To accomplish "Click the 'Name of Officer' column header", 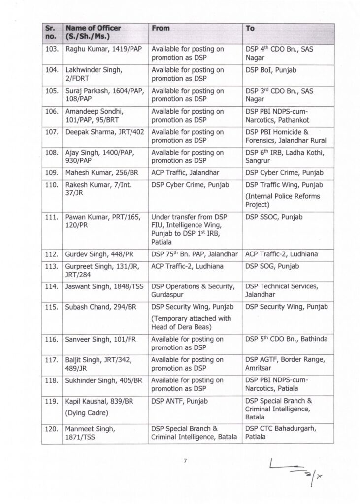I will pos(94,32).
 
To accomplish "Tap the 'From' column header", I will pos(161,29).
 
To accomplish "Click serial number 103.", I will pos(52,50).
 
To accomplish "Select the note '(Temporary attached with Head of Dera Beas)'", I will pos(191,323).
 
